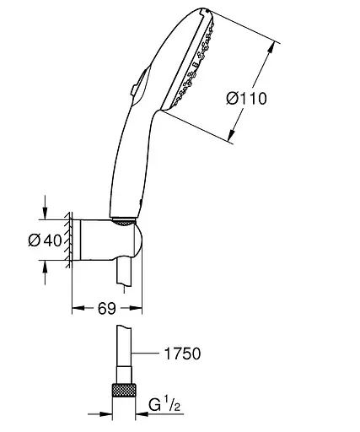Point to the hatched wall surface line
[x=68, y=240]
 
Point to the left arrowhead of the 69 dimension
[x=75, y=310]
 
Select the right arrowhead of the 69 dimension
[x=139, y=310]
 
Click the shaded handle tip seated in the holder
[x=124, y=225]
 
